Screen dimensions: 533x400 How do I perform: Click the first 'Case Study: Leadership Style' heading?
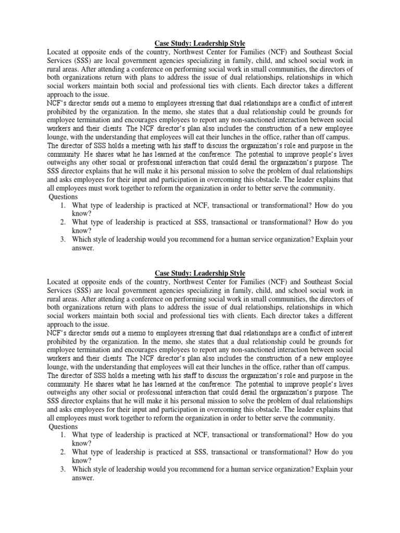200,43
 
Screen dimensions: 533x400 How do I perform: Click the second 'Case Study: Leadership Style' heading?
200,273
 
